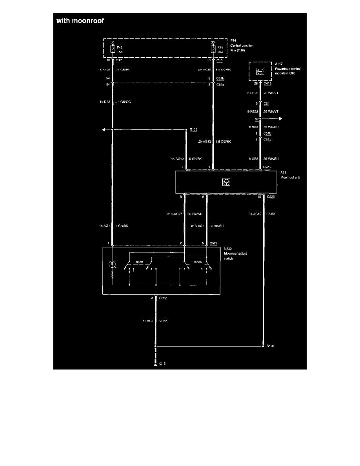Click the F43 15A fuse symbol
tap(113, 49)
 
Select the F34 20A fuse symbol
tap(213, 49)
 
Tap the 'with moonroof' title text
tap(80, 21)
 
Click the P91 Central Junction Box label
tap(242, 46)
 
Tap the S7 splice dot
tap(260, 118)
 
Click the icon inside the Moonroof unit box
tap(225, 182)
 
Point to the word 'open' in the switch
tap(140, 262)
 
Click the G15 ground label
tap(162, 364)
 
